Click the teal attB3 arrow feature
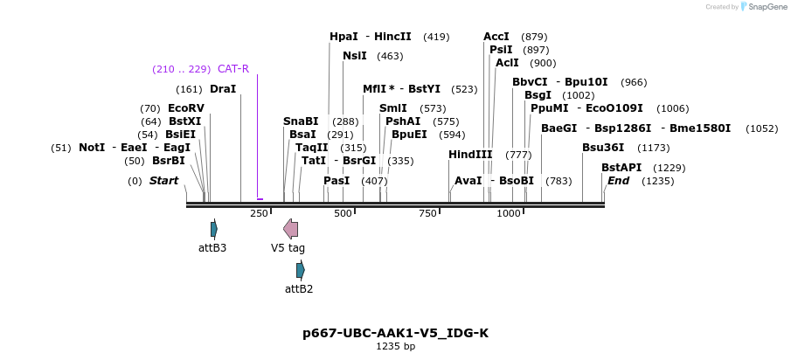[214, 229]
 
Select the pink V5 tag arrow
[291, 229]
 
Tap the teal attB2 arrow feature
[301, 270]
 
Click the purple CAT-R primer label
[233, 69]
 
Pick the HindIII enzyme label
[470, 155]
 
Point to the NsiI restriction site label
[355, 56]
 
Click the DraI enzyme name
[223, 89]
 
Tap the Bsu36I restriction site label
[603, 148]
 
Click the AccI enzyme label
[496, 37]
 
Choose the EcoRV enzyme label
[186, 108]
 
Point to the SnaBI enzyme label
[301, 121]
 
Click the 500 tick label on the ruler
[343, 214]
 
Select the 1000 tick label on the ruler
[509, 214]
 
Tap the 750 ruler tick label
[427, 214]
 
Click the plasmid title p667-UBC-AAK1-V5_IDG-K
[395, 333]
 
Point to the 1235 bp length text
[395, 347]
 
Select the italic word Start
[163, 181]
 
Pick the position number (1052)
[761, 128]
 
